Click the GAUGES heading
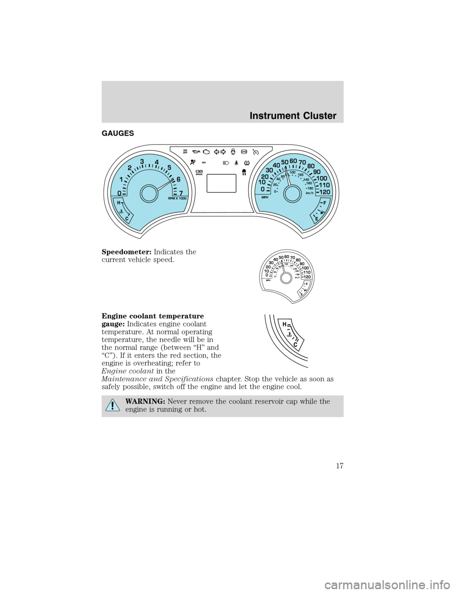tap(118, 134)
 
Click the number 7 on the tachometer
tap(181, 192)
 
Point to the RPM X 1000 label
tap(177, 198)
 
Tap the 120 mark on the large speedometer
tap(324, 192)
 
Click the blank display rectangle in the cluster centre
tap(221, 183)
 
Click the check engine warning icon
tap(206, 152)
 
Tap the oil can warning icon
tap(194, 152)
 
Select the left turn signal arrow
tap(218, 152)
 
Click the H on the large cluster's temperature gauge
tap(118, 203)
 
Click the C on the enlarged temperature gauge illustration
tap(295, 344)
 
